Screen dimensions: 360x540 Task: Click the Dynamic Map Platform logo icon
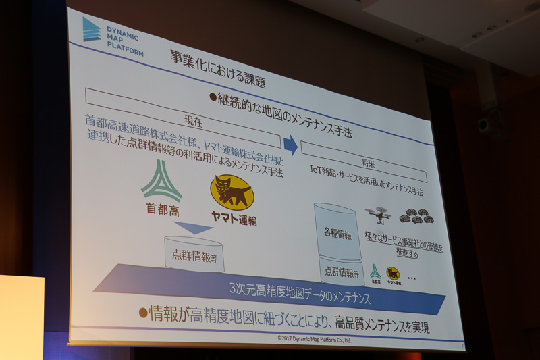(x=92, y=30)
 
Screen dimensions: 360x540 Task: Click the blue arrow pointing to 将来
(x=290, y=145)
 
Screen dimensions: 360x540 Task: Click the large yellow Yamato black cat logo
(x=232, y=192)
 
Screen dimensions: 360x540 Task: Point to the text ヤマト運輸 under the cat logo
(x=233, y=220)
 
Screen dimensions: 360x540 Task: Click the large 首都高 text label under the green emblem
(x=161, y=209)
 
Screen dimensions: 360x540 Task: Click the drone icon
(x=378, y=215)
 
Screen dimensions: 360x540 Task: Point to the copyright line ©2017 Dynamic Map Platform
(x=314, y=338)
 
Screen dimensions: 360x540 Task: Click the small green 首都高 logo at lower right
(x=375, y=272)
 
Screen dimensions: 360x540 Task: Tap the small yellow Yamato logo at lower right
(x=392, y=274)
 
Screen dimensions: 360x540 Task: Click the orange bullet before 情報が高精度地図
(x=143, y=311)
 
